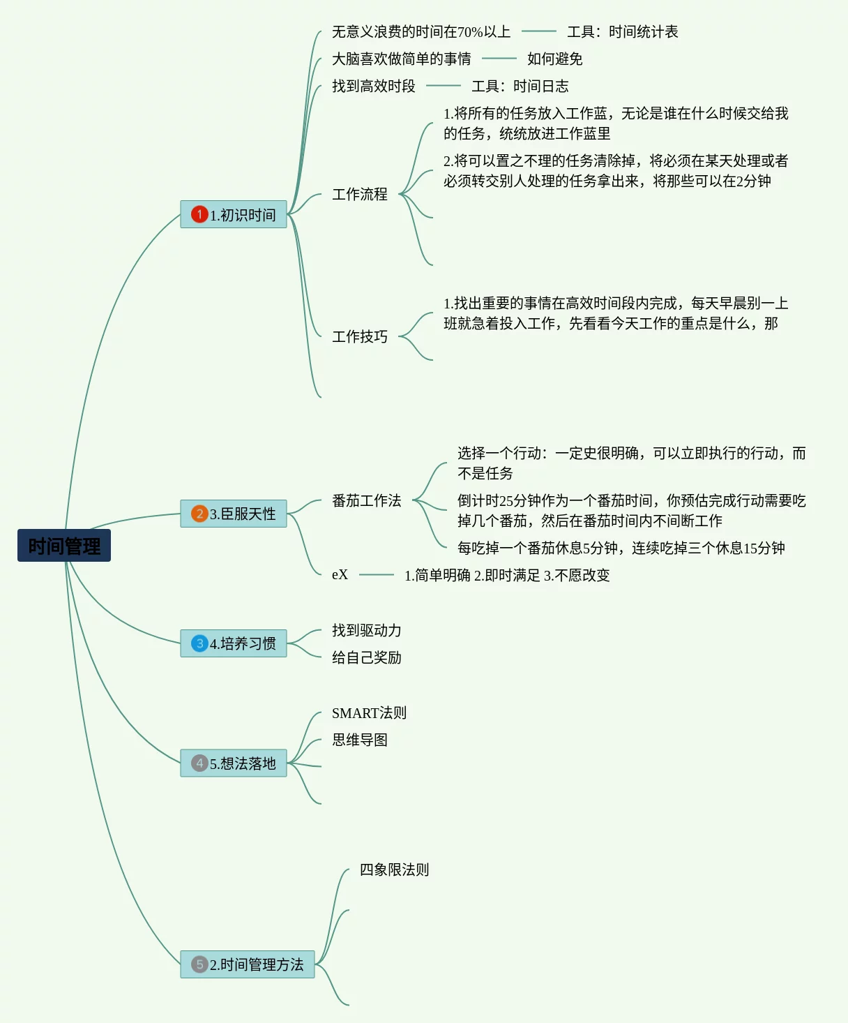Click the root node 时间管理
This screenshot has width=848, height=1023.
coord(64,546)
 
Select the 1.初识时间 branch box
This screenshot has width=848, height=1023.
coord(234,214)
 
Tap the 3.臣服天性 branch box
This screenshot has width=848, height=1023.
coord(234,514)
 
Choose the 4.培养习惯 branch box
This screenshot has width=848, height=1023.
coord(234,643)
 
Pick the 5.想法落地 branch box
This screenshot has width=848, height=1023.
coord(234,763)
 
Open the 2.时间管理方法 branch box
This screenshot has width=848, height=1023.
coord(248,964)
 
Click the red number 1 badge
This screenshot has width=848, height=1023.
coord(199,214)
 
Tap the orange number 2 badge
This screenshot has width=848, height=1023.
coord(199,514)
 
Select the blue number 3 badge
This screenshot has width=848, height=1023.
coord(199,643)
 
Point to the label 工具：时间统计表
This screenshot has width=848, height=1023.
coord(622,31)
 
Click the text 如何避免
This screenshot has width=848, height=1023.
coord(554,59)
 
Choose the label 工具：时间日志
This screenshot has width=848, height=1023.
coord(520,86)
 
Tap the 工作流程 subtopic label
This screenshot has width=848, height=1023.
coord(359,194)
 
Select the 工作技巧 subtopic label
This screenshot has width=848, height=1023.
coord(359,336)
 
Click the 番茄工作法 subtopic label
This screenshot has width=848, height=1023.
coord(366,500)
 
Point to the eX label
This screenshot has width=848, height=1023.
coord(340,575)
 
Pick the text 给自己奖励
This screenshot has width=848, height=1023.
coord(366,657)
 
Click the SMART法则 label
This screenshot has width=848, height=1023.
coord(369,712)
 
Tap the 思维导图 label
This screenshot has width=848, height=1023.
coord(359,740)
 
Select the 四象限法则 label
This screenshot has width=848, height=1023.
coord(394,869)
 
